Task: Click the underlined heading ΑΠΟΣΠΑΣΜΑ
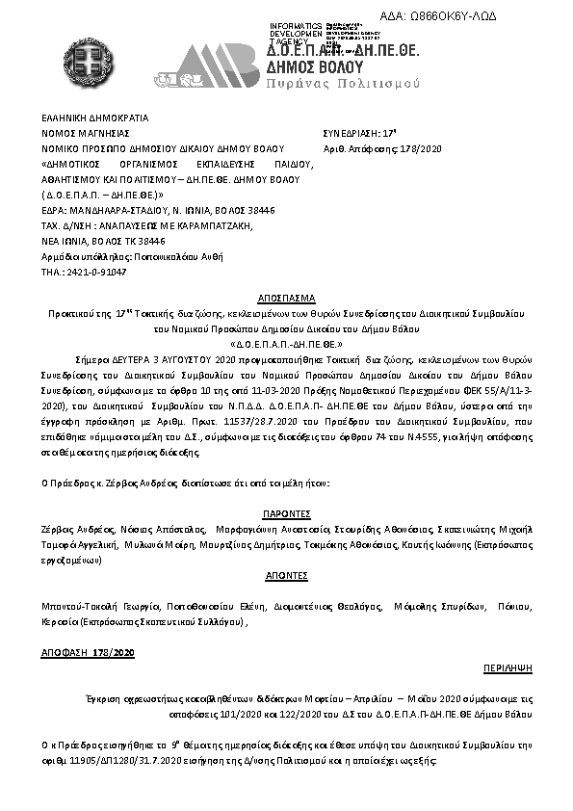[287, 299]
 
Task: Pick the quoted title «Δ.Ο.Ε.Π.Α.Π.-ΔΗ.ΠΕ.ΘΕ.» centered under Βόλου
[287, 343]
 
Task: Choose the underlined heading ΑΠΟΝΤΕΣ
[287, 575]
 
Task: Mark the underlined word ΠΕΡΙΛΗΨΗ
[508, 667]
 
